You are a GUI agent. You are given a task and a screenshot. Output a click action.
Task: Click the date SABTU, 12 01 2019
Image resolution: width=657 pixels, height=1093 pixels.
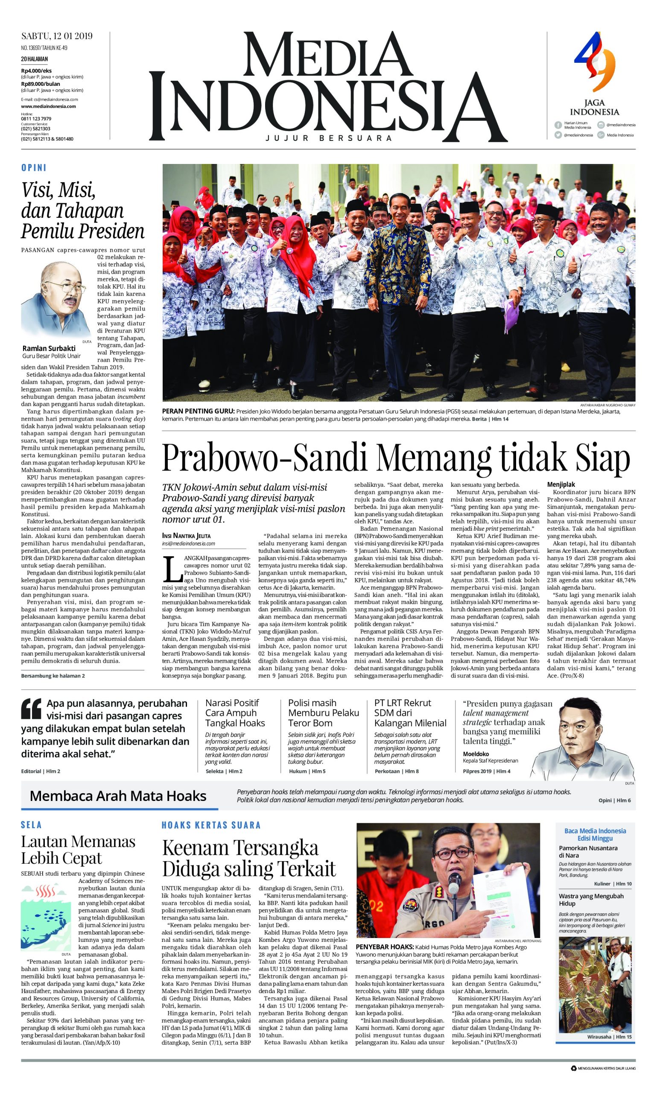click(57, 36)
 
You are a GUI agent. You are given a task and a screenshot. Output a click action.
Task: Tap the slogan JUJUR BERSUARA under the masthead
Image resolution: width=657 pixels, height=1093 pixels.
click(329, 138)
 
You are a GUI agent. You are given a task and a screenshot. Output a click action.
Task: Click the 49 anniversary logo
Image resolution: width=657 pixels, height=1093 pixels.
click(595, 67)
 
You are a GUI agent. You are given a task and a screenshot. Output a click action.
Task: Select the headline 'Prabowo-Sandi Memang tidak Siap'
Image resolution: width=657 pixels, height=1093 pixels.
click(396, 458)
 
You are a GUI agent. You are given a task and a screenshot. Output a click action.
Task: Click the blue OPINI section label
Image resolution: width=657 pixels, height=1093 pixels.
click(34, 168)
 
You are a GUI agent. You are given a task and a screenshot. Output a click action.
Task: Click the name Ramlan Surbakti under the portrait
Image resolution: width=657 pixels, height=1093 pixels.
click(49, 348)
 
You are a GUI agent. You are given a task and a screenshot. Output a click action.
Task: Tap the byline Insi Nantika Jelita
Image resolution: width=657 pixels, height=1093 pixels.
click(187, 536)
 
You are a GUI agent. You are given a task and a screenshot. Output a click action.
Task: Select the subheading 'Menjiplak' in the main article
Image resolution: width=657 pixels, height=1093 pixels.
click(561, 484)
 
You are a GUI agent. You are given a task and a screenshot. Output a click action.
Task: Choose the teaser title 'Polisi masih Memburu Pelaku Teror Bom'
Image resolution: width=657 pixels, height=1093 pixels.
click(323, 713)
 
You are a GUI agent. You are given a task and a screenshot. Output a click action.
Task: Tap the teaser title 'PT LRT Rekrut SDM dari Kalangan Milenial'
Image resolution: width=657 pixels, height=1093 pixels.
click(410, 713)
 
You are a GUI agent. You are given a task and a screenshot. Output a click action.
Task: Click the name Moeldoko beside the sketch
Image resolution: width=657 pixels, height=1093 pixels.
click(476, 754)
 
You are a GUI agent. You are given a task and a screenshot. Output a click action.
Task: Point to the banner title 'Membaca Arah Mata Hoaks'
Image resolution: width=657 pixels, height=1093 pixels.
click(118, 796)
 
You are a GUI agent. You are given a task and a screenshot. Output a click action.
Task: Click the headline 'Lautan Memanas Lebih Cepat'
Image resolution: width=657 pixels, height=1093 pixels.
click(78, 849)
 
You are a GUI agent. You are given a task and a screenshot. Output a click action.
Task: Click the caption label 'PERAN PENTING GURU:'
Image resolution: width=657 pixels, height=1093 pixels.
click(198, 411)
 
